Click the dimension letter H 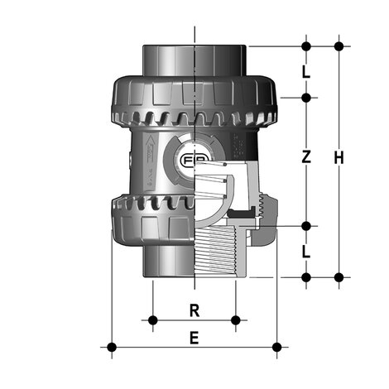click(338, 157)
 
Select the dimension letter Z click(306, 156)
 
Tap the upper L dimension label click(306, 71)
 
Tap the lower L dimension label click(306, 251)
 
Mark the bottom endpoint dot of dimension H click(338, 276)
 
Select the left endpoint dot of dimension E click(111, 346)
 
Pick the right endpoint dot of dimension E click(278, 346)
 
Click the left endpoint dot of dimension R click(151, 319)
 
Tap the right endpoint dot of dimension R click(237, 319)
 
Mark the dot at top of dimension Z click(306, 98)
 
